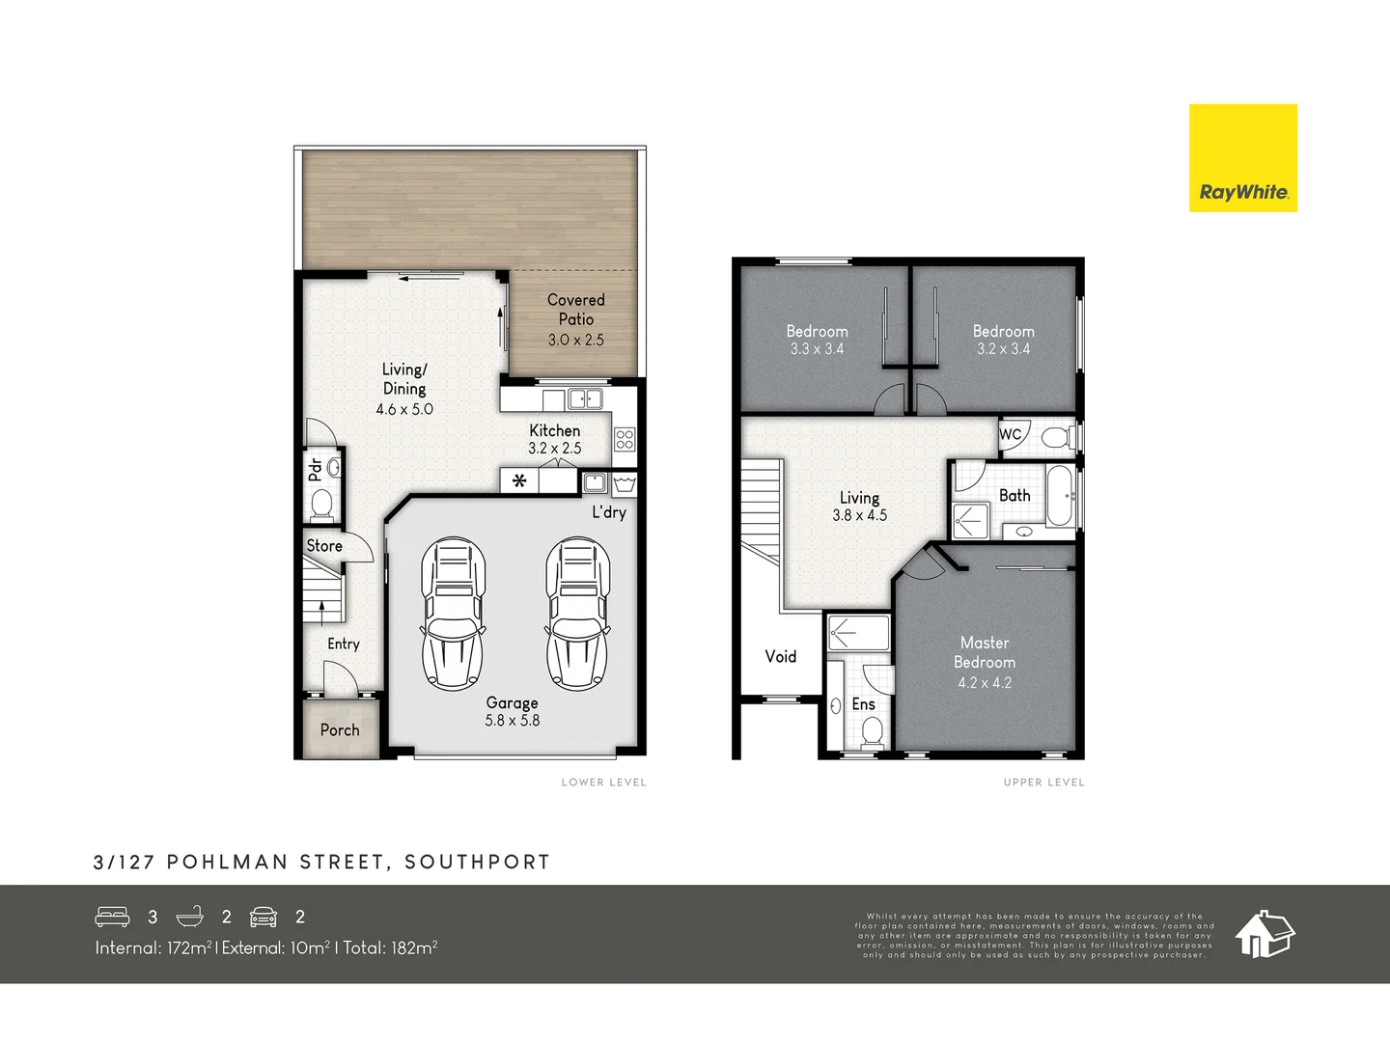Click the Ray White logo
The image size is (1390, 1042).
[1242, 158]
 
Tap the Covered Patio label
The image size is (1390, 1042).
[575, 310]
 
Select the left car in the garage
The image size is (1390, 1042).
[452, 614]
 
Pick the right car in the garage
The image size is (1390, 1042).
[577, 614]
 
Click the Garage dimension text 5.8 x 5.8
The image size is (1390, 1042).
[512, 721]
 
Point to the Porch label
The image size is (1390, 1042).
[339, 730]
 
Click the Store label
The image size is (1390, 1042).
[324, 546]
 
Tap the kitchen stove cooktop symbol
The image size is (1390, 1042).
[625, 440]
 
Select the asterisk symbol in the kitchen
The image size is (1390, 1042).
[519, 480]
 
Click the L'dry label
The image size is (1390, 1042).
[609, 512]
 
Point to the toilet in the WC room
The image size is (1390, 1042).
[1055, 438]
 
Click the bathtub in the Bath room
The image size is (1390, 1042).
[1059, 496]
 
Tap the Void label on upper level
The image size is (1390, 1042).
[780, 657]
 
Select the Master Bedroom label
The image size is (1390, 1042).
[985, 652]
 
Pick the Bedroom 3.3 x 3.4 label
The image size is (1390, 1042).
[817, 332]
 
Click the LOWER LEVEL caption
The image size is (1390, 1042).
[603, 782]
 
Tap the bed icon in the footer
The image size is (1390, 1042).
[112, 917]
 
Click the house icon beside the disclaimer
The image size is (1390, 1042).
[1265, 934]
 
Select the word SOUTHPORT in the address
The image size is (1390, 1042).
[477, 863]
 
